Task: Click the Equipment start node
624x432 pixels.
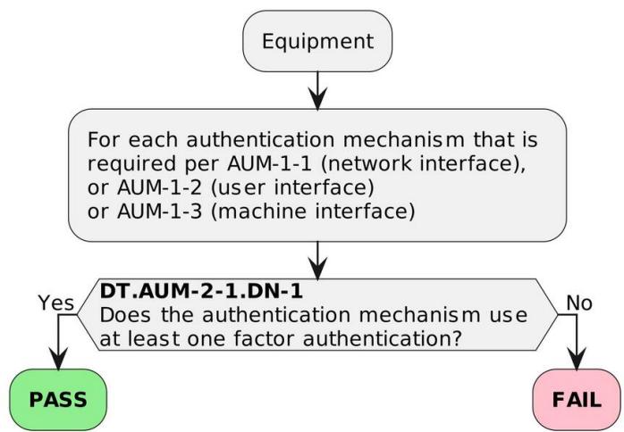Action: [317, 41]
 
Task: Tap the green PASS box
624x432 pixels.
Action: [58, 399]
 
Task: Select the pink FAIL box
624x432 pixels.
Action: [577, 399]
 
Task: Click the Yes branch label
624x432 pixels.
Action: [56, 303]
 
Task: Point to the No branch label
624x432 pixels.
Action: [579, 303]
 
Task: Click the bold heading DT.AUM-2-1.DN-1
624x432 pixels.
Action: [201, 291]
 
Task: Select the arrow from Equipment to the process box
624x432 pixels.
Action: [317, 91]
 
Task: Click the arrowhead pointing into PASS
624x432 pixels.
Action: [58, 359]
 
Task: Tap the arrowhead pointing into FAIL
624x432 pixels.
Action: [577, 359]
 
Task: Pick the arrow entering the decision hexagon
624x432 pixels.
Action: [317, 261]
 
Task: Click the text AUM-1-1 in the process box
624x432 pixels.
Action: [269, 163]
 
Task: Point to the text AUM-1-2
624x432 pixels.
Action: [160, 187]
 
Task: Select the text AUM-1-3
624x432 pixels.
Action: [160, 212]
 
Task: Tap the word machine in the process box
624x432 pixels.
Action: [263, 212]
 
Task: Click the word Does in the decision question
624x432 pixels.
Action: [125, 315]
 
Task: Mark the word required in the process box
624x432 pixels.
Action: [131, 164]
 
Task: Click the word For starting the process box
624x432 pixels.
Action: [104, 140]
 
